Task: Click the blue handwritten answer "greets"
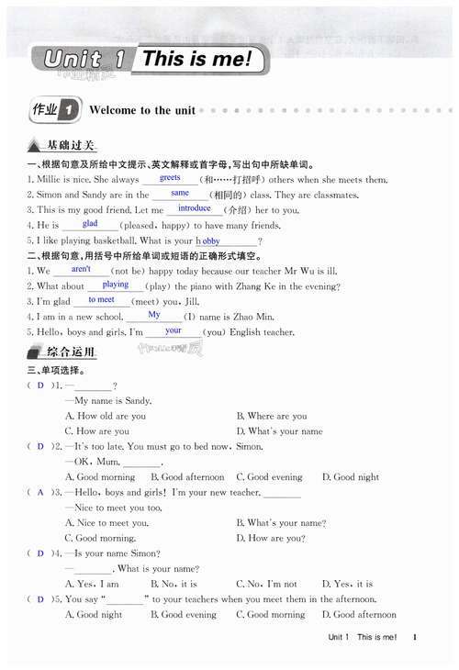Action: pos(170,177)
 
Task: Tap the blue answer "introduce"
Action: pos(194,208)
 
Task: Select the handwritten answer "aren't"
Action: pos(81,269)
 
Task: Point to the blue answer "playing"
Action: pos(115,285)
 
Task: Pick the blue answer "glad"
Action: pos(90,223)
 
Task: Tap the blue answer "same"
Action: pos(180,193)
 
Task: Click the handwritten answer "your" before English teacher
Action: pos(173,330)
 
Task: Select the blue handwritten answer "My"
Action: pos(154,315)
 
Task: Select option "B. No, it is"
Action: pos(174,584)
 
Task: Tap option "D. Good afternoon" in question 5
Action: pos(359,615)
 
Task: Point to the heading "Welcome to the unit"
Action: pos(142,110)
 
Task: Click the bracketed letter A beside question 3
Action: pos(40,492)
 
